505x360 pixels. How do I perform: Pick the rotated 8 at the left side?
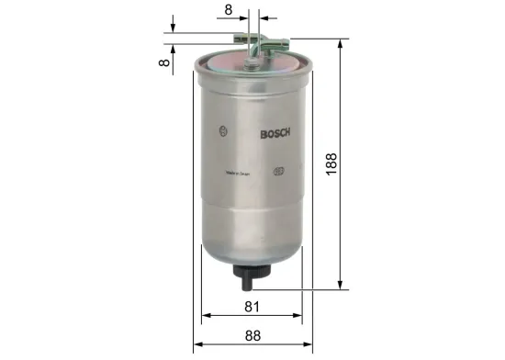point(163,62)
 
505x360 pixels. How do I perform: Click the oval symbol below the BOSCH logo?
point(280,170)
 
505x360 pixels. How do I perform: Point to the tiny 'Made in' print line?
point(235,177)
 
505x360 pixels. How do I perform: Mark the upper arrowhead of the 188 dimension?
point(340,44)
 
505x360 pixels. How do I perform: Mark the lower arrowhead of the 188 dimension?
point(340,286)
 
